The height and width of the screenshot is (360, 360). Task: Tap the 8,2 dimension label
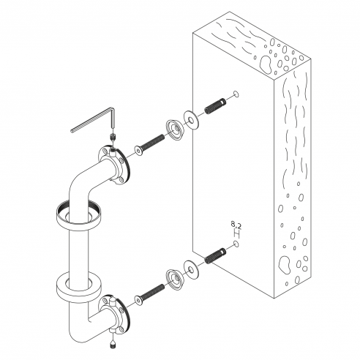coord(236,225)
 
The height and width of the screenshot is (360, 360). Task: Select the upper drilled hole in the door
coord(236,94)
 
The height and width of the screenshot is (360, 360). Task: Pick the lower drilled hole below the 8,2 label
coord(236,244)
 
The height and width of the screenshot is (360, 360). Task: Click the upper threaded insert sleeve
coord(215,106)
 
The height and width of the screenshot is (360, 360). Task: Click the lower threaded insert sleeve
coord(215,255)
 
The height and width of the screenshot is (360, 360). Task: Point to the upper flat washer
coord(191,120)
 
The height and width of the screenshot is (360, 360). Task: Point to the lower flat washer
coord(191,270)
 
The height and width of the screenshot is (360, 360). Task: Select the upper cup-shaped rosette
coord(174,130)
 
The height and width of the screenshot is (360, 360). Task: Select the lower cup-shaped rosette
coord(174,280)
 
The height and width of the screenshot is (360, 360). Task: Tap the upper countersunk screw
coord(149,145)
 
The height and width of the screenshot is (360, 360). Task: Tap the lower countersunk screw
coord(149,294)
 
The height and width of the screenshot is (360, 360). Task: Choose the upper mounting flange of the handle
coord(114,166)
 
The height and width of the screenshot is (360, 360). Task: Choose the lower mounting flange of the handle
coord(114,315)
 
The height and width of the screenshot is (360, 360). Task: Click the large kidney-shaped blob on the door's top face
coord(266,64)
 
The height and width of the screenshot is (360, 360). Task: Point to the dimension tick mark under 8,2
coord(236,234)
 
